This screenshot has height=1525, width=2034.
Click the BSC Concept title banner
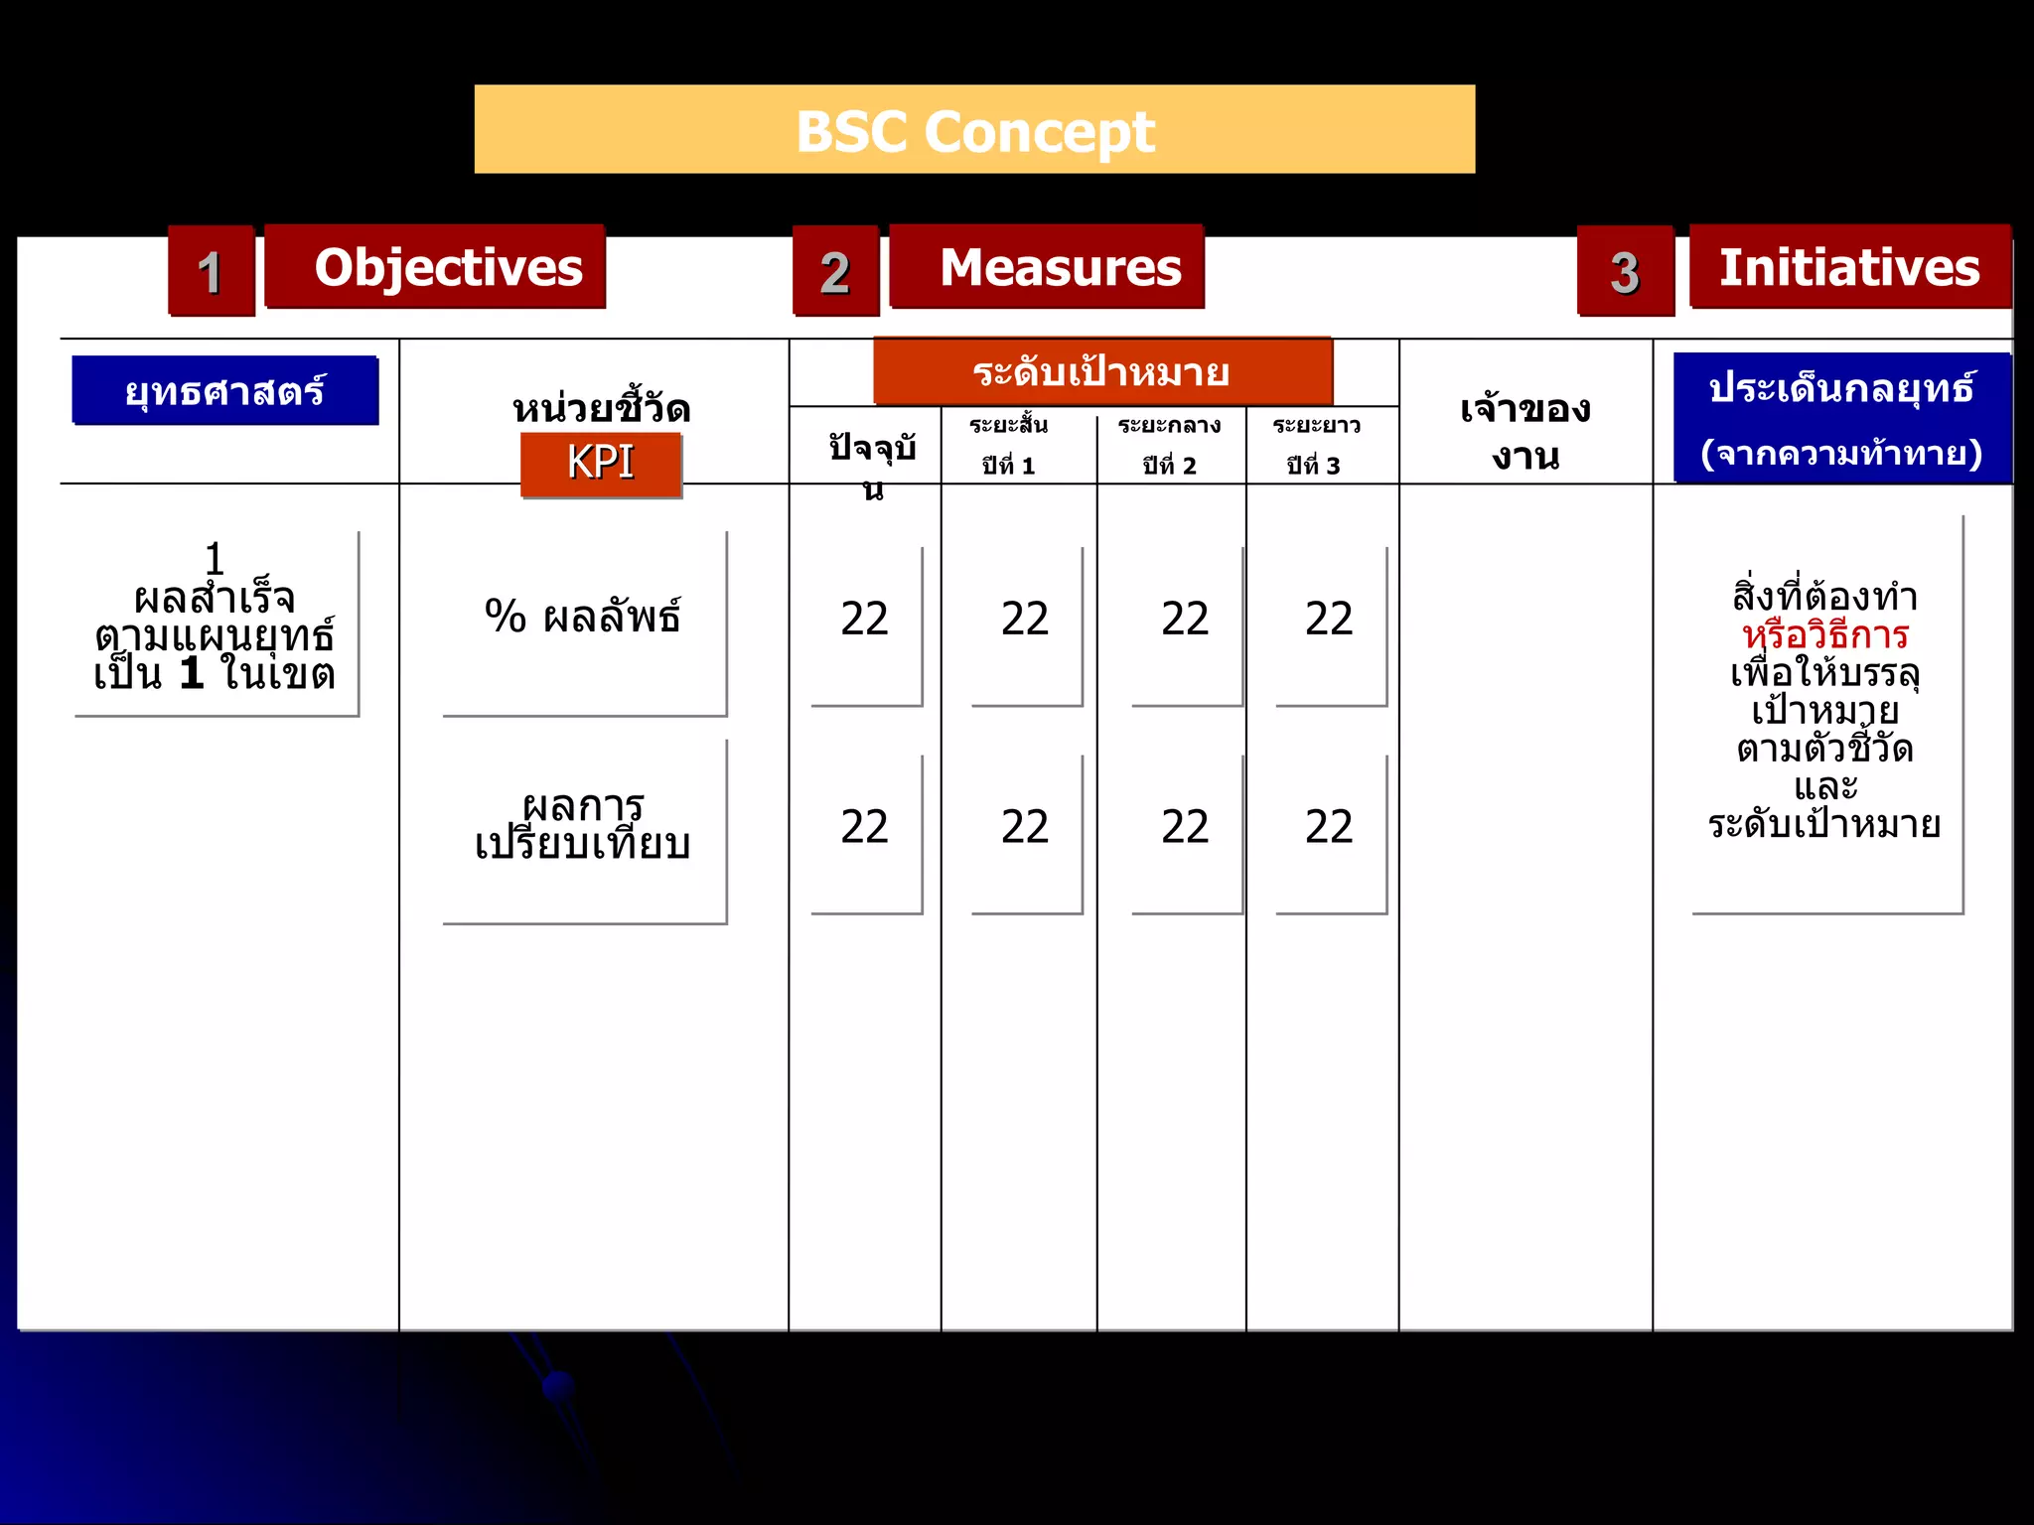pyautogui.click(x=974, y=130)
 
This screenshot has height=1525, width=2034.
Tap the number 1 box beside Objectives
pyautogui.click(x=211, y=271)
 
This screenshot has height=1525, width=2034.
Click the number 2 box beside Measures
pyautogui.click(x=835, y=271)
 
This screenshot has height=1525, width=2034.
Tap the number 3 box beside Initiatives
pyautogui.click(x=1625, y=271)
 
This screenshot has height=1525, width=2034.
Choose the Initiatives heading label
pyautogui.click(x=1849, y=267)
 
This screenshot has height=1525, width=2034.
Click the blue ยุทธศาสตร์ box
pyautogui.click(x=225, y=390)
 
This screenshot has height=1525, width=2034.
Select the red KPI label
pyautogui.click(x=601, y=463)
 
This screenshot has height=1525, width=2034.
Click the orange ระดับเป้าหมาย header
pyautogui.click(x=1102, y=372)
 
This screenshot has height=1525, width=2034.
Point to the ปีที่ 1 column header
pyautogui.click(x=1009, y=446)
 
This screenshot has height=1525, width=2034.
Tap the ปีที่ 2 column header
pyautogui.click(x=1170, y=446)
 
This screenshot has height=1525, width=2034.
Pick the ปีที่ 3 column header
pyautogui.click(x=1316, y=446)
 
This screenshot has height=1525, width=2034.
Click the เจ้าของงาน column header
pyautogui.click(x=1525, y=432)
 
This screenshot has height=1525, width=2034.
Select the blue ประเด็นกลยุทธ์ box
pyautogui.click(x=1842, y=418)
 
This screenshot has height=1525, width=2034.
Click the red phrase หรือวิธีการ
pyautogui.click(x=1825, y=634)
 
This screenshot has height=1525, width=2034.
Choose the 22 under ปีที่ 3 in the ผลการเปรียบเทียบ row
pyautogui.click(x=1329, y=827)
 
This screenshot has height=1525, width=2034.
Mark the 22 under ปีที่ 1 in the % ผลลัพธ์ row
pyautogui.click(x=1025, y=620)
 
